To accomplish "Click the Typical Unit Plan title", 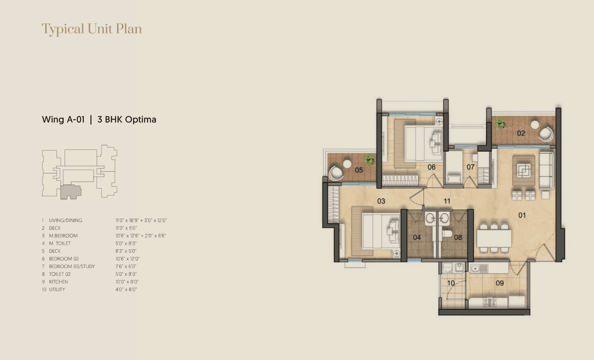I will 92,29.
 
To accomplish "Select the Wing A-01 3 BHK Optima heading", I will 99,120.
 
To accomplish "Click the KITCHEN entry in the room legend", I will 59,282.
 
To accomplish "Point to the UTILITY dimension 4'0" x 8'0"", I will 126,289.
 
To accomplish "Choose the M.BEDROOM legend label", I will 63,236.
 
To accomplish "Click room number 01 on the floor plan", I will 522,215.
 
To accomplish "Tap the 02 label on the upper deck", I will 521,133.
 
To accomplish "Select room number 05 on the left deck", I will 359,170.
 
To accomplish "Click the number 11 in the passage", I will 447,201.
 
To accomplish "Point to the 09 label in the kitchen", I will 499,283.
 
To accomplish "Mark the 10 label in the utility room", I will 451,283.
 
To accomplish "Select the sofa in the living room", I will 545,171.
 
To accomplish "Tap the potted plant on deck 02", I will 500,123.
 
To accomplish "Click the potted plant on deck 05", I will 369,160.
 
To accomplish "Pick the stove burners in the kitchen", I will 489,302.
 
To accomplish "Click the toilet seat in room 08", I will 447,234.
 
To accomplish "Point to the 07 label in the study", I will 470,167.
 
